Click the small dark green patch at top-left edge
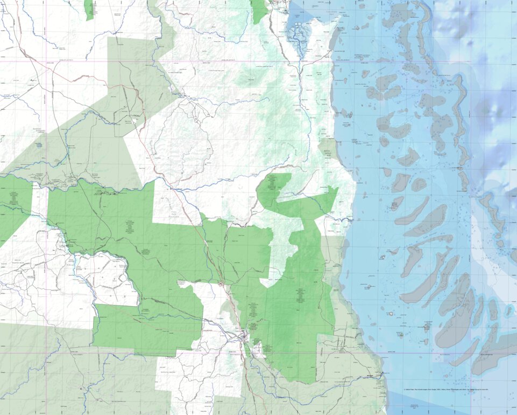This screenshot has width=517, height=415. coord(89,10)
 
